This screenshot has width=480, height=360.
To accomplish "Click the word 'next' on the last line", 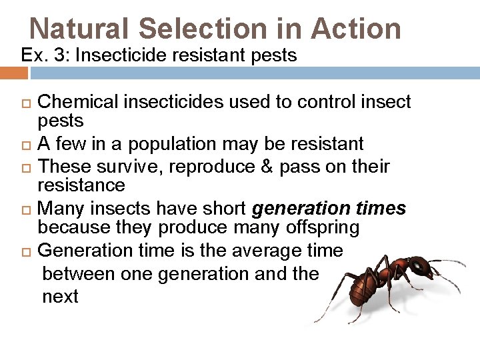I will click(60, 296).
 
